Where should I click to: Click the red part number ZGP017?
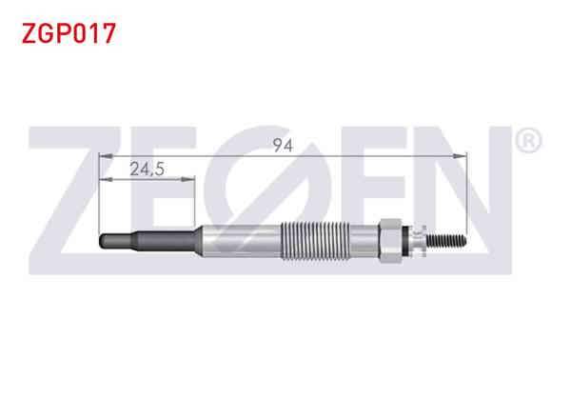click(x=69, y=33)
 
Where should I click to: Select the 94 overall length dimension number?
click(x=283, y=146)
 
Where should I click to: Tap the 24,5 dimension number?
click(x=147, y=169)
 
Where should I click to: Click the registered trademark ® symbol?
click(x=529, y=140)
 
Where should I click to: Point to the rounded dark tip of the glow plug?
click(x=103, y=241)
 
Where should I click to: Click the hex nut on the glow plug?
click(x=390, y=240)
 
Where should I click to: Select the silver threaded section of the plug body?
click(x=315, y=241)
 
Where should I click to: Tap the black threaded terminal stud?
click(x=446, y=240)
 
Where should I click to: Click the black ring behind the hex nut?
click(x=405, y=240)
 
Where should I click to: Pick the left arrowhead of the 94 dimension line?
click(x=106, y=156)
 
